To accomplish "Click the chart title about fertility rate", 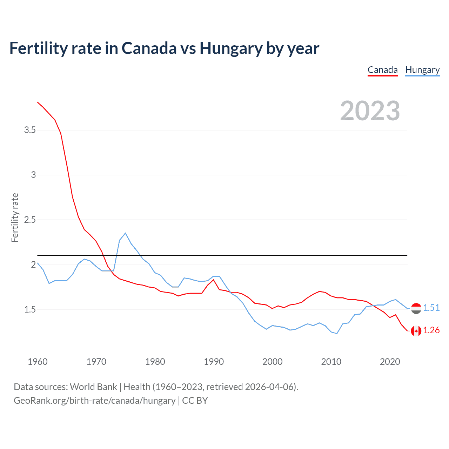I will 164,48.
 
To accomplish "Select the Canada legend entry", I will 382,70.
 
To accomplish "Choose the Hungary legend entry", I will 422,70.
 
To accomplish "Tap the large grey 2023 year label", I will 370,111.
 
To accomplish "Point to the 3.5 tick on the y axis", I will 30,130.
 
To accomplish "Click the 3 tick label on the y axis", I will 33,175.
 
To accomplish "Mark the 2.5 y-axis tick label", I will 30,220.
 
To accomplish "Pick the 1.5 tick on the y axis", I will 30,310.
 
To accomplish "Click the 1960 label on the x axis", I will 38,362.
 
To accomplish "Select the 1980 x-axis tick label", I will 155,362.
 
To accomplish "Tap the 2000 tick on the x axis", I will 272,362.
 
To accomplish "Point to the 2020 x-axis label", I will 390,362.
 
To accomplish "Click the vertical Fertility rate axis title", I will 15,217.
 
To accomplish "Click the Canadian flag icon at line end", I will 416,331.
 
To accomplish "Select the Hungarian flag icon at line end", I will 416,308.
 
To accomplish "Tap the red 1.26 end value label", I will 431,330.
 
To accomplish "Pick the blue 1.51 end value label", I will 431,308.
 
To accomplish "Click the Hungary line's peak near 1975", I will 125,233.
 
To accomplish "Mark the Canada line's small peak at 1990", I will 213,280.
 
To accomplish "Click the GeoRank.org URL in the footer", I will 94,401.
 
